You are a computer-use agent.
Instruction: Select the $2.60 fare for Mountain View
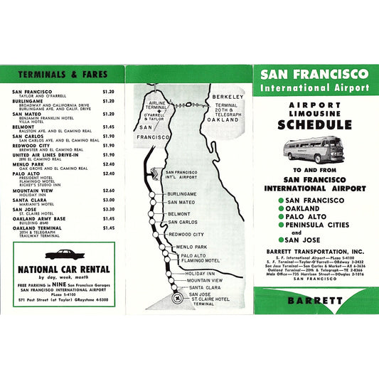tap(108, 191)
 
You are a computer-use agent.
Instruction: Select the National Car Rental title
tap(63, 269)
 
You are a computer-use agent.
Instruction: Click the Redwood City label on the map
tap(186, 234)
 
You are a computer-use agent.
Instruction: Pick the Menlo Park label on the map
tap(191, 247)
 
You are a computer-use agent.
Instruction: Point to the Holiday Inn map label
tap(200, 273)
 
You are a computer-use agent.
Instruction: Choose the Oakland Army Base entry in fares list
tap(41, 219)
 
